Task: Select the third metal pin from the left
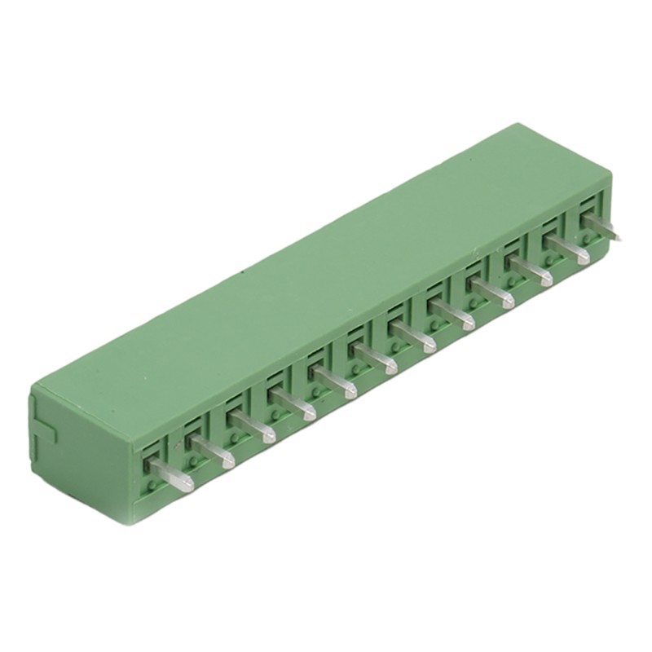click(253, 426)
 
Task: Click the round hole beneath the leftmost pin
click(152, 486)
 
